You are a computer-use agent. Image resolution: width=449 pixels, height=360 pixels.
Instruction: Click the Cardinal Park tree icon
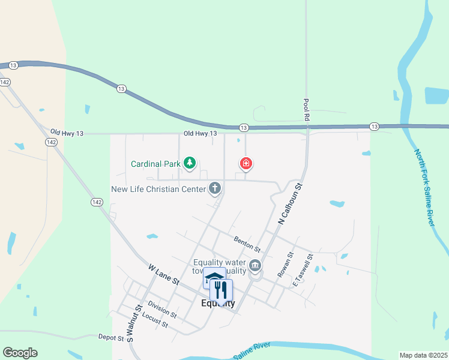point(190,163)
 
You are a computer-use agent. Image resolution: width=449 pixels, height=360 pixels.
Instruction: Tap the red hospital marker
point(246,163)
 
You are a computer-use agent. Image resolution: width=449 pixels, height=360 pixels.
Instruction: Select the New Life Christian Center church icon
point(215,189)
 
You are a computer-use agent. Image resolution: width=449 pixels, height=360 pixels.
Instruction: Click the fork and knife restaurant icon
point(221,290)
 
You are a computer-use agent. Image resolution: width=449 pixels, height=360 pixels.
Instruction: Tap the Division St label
point(161,310)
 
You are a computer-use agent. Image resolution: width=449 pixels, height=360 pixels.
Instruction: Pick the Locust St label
point(155,321)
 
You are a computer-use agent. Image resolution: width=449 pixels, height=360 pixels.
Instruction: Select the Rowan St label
point(285,264)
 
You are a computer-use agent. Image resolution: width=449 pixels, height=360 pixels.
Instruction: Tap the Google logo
point(20,353)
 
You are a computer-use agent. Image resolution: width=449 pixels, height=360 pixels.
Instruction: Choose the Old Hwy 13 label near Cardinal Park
point(200,133)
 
